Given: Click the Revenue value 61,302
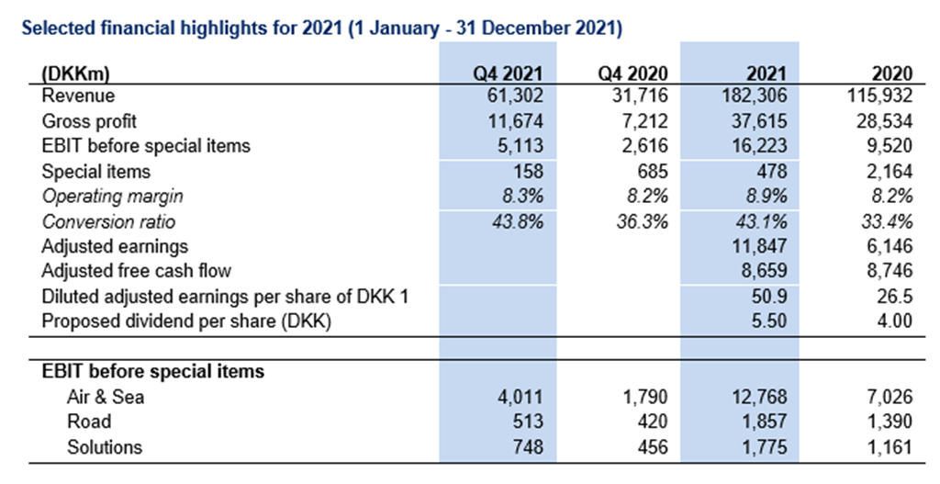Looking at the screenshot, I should pos(513,96).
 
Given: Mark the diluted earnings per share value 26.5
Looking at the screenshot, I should pos(894,297).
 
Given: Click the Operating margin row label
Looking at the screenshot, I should pos(113,196).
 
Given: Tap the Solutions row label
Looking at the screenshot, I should pos(106,447).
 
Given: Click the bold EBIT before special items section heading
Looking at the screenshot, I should pos(153,371).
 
